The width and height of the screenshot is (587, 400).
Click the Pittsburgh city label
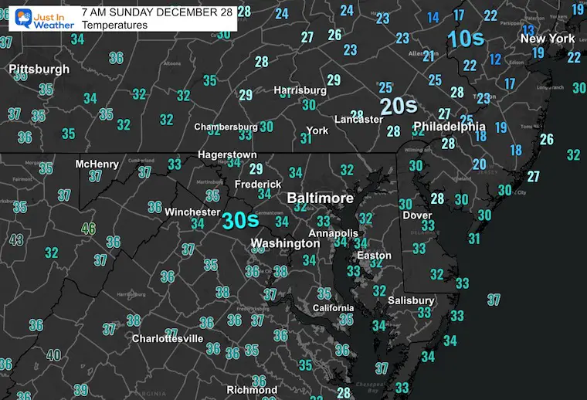[x=39, y=69]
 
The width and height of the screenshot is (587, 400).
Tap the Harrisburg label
[x=300, y=90]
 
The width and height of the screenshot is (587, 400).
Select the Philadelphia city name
[x=449, y=127]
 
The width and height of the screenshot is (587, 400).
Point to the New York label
[x=548, y=39]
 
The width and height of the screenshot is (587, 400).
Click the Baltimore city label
[x=320, y=198]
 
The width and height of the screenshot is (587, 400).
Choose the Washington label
[x=285, y=243]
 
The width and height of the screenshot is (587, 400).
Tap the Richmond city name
[x=252, y=390]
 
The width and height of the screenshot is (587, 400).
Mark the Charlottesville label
[x=168, y=338]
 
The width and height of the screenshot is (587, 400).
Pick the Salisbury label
[x=412, y=300]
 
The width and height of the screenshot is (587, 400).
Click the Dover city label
[x=417, y=215]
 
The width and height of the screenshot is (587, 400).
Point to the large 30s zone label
[x=240, y=221]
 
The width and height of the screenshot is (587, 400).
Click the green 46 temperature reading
[x=90, y=229]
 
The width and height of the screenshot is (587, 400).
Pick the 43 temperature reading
[x=16, y=240]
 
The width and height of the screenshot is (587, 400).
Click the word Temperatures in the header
[x=114, y=25]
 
